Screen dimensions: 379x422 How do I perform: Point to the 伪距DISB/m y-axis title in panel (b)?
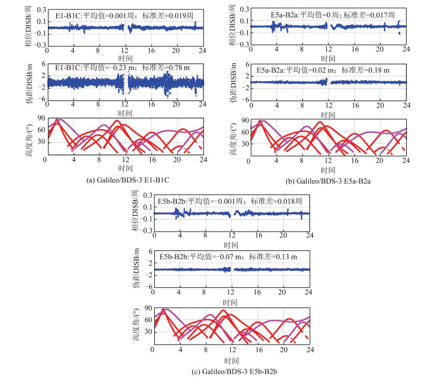click(233, 82)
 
